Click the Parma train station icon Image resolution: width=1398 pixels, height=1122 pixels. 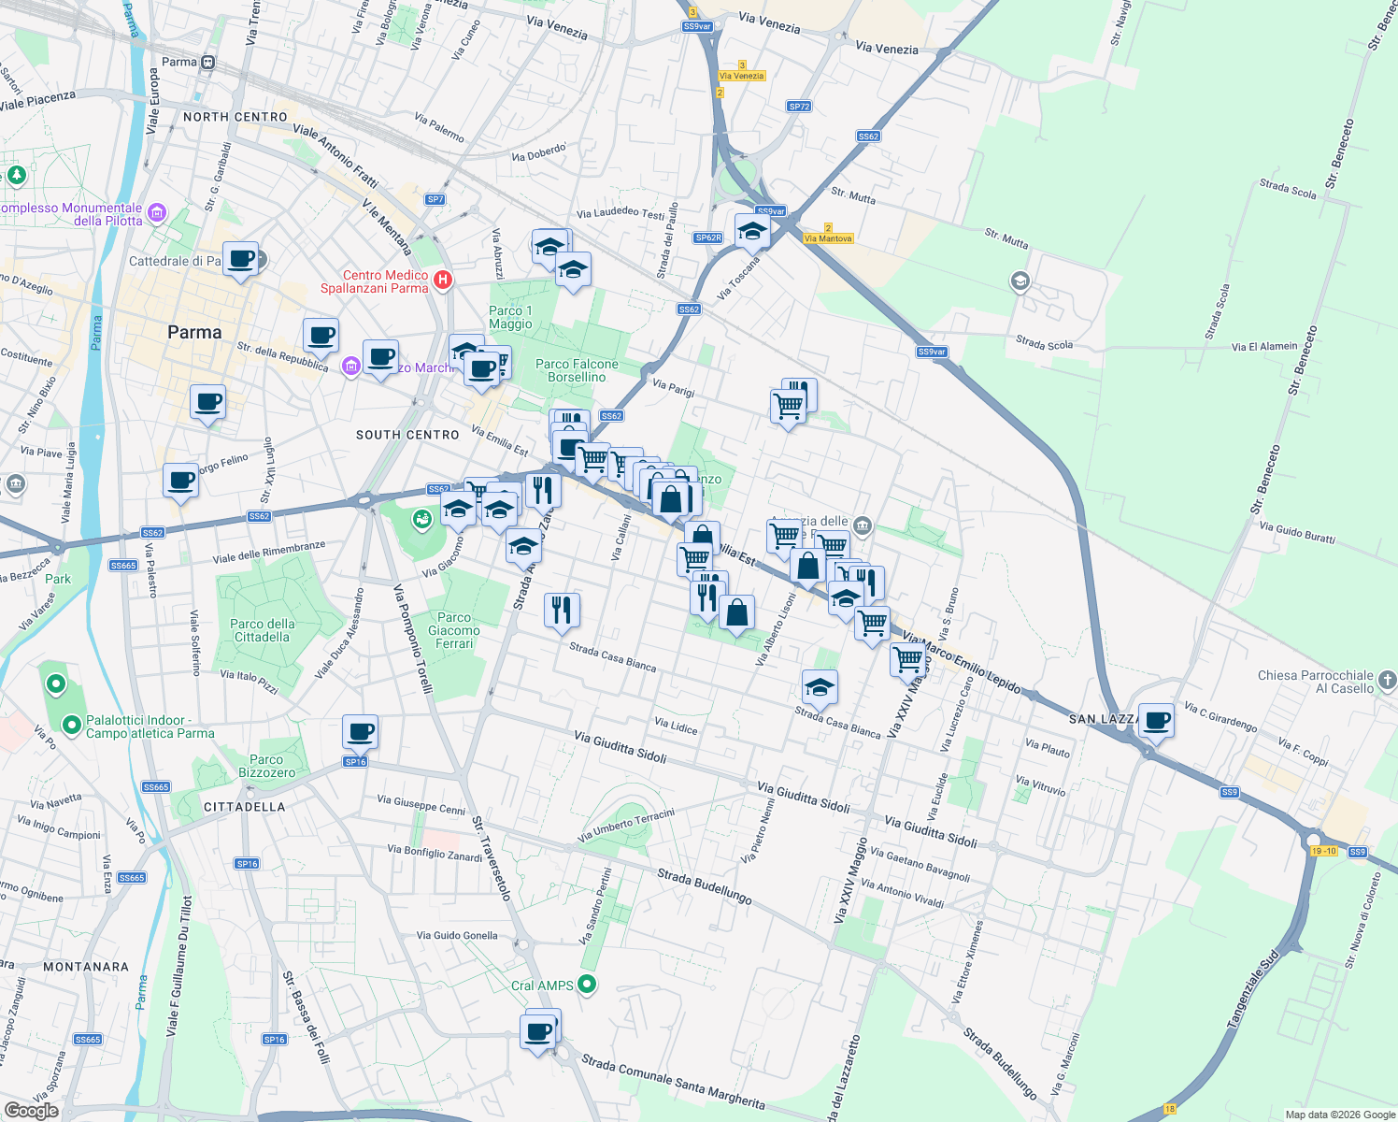click(x=207, y=63)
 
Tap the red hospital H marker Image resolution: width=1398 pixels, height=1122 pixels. click(x=444, y=280)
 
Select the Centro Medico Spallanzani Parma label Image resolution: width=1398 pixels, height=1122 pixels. click(x=374, y=281)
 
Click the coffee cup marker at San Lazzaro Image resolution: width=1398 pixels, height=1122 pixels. click(x=1156, y=721)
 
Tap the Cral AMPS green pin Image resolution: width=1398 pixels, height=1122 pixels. click(x=587, y=984)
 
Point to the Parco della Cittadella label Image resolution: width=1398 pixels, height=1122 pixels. click(x=262, y=630)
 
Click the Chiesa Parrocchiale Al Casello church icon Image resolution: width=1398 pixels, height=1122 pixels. click(x=1387, y=680)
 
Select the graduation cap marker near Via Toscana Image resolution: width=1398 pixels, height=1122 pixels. click(x=752, y=231)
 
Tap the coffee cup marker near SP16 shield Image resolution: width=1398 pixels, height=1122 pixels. click(x=360, y=732)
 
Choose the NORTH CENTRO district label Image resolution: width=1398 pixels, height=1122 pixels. click(x=235, y=117)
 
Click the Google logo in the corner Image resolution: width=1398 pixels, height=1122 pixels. click(x=31, y=1111)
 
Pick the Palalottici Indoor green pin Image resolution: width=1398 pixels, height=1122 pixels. click(x=71, y=725)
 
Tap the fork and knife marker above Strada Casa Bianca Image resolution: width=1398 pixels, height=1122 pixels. click(x=562, y=610)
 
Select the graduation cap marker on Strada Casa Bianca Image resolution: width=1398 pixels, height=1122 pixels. click(x=820, y=687)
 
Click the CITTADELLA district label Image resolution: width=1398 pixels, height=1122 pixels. click(x=244, y=806)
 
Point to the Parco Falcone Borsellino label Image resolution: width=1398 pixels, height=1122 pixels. click(x=577, y=370)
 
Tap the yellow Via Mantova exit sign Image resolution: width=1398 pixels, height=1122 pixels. click(x=828, y=238)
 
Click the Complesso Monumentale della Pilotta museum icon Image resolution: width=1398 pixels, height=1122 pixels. click(x=156, y=213)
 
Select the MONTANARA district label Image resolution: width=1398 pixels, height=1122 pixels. click(x=86, y=967)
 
